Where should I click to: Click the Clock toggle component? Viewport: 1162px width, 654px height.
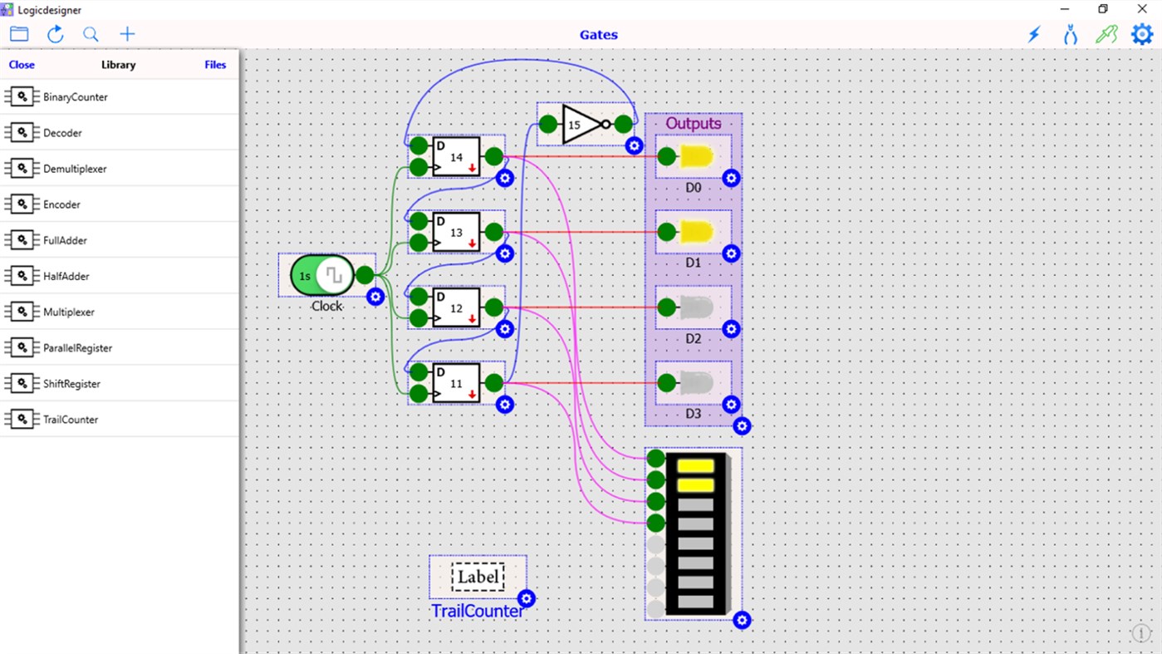pyautogui.click(x=321, y=275)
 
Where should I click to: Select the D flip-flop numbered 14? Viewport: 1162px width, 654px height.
pyautogui.click(x=456, y=157)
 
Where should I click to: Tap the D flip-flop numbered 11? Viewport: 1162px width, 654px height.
pyautogui.click(x=456, y=383)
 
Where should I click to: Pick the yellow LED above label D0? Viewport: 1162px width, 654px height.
pyautogui.click(x=696, y=157)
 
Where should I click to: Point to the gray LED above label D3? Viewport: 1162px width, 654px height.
pyautogui.click(x=696, y=383)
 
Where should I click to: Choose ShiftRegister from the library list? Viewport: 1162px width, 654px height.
pyautogui.click(x=71, y=384)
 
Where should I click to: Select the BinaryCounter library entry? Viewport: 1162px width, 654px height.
pyautogui.click(x=75, y=97)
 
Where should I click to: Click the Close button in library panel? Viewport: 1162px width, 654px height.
pyautogui.click(x=22, y=65)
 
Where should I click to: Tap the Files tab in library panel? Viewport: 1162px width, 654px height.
pyautogui.click(x=215, y=65)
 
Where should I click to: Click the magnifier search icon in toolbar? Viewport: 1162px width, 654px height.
pyautogui.click(x=91, y=34)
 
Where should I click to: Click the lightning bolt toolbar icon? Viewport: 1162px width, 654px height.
pyautogui.click(x=1034, y=34)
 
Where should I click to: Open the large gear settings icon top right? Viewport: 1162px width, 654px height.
pyautogui.click(x=1142, y=34)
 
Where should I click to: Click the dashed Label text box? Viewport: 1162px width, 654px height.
pyautogui.click(x=478, y=577)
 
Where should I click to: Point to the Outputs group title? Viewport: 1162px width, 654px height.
pyautogui.click(x=694, y=124)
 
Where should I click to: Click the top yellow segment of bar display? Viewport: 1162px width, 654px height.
pyautogui.click(x=696, y=466)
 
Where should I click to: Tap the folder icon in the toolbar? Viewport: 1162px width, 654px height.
pyautogui.click(x=19, y=34)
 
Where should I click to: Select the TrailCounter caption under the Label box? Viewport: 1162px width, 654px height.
pyautogui.click(x=478, y=612)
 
